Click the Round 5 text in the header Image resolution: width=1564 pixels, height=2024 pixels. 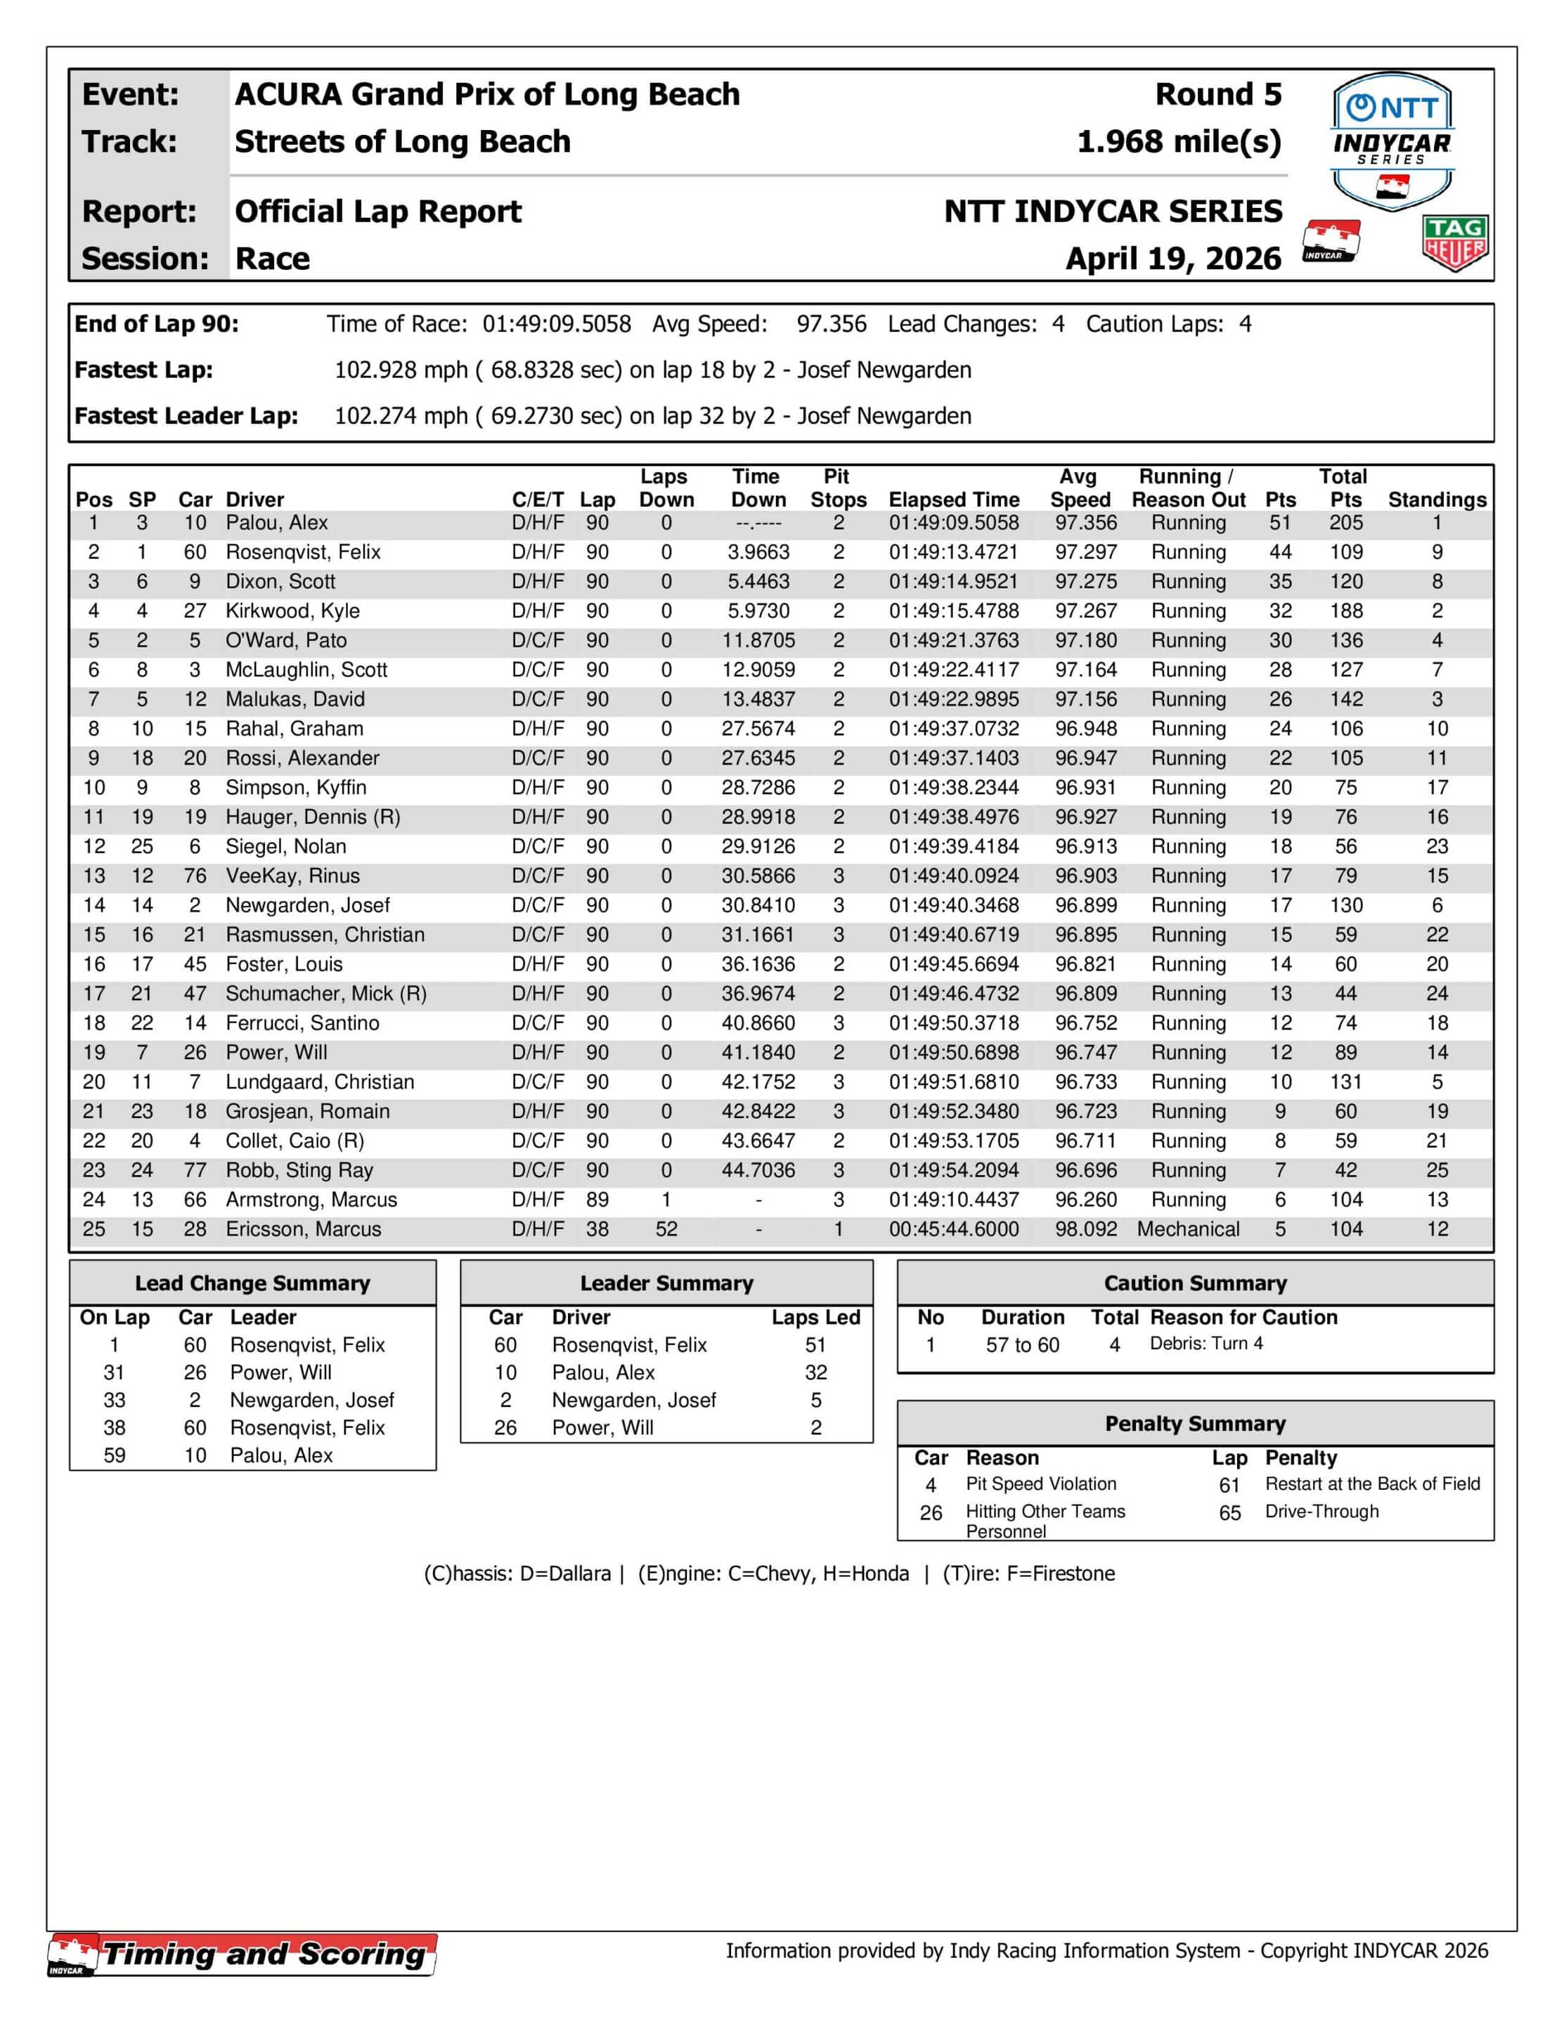(1217, 95)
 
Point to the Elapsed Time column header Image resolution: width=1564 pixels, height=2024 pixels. (953, 500)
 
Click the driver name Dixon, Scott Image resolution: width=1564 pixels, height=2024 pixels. (280, 582)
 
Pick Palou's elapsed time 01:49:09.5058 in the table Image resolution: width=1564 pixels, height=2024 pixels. (953, 523)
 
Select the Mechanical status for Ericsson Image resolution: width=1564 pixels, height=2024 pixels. (1188, 1229)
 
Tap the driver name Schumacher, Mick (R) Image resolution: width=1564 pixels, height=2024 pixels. (325, 994)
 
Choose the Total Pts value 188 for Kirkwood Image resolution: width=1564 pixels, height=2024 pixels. (1345, 611)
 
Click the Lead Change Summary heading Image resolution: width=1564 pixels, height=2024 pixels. (252, 1283)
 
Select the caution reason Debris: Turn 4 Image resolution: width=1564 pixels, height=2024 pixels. (1206, 1344)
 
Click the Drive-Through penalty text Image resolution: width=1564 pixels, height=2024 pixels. (1321, 1512)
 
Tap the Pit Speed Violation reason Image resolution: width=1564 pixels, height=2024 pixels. (1040, 1484)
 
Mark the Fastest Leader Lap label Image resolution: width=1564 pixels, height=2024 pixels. (186, 416)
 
